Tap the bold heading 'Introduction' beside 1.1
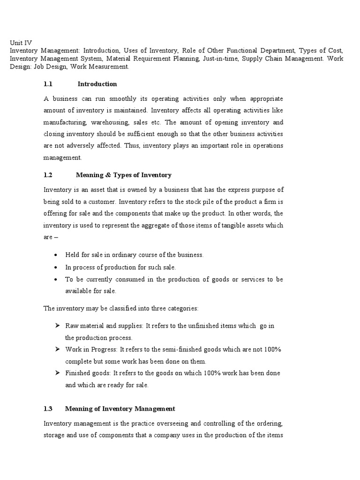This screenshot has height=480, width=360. click(97, 84)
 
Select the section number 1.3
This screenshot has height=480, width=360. click(48, 409)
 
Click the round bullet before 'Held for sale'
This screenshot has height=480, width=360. click(56, 255)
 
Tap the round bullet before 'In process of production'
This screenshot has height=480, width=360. click(56, 267)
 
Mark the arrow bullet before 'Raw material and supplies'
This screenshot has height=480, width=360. click(56, 325)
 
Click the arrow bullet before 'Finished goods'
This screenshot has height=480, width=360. click(56, 373)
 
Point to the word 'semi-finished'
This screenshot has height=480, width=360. click(180, 350)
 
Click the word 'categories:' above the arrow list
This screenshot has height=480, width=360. click(183, 308)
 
